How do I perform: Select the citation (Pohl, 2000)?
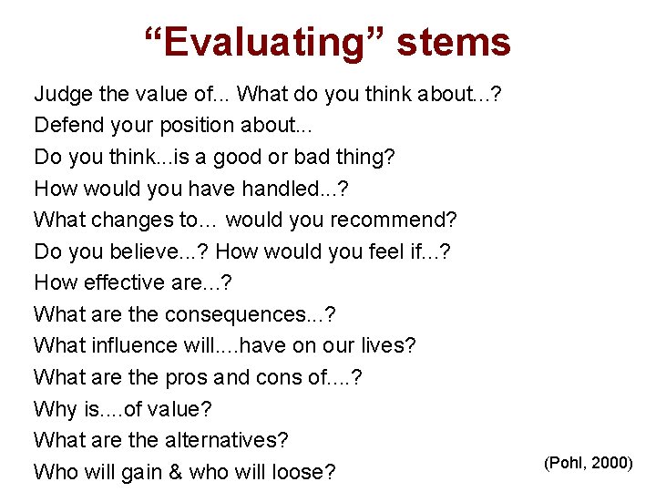click(588, 463)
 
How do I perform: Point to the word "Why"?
click(53, 409)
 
